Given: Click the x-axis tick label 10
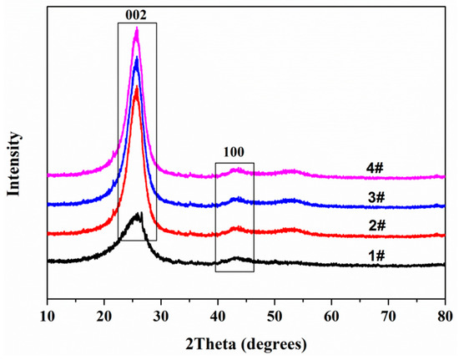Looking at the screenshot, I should coord(48,317).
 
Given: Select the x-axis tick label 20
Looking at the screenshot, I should coord(104,317).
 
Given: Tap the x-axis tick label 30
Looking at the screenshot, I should coord(161,317).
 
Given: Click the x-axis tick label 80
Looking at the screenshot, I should coord(444,317).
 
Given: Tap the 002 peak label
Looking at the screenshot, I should coord(137,13).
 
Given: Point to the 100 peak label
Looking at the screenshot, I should coord(234,153).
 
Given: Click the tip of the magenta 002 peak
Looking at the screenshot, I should coord(136,28).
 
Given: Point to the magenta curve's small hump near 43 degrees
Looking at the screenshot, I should coord(236,170).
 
